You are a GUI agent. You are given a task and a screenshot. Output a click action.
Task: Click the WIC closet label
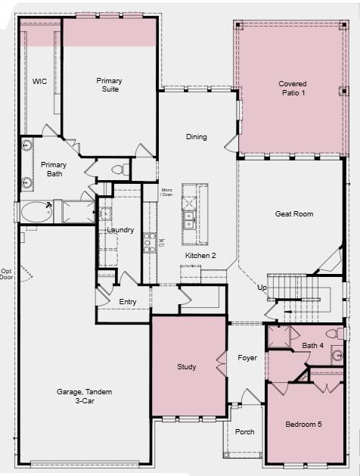pos(39,81)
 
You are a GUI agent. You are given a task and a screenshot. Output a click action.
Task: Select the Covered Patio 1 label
pos(292,88)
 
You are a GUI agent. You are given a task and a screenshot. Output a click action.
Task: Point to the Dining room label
pos(197,137)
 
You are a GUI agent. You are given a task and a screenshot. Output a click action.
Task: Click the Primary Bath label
pos(54,169)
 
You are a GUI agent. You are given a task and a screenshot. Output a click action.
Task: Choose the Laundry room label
pos(121,229)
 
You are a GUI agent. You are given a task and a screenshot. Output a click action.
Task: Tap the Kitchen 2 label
pos(200,256)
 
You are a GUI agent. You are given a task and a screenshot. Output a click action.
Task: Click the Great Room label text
pos(293,214)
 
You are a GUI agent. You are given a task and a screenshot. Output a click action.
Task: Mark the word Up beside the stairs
pos(262,288)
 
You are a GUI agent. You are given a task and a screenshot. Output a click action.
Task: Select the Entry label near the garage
pos(129,302)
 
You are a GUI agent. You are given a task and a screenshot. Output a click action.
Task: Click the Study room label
pos(187,367)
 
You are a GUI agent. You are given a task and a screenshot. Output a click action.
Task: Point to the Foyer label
pos(247,358)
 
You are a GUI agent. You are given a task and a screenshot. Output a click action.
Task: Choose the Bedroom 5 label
pos(303,425)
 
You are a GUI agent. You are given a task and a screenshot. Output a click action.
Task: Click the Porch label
pos(244,431)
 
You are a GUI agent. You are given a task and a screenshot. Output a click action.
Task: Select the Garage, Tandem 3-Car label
pos(83,397)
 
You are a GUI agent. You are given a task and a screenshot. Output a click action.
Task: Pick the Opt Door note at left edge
pos(6,274)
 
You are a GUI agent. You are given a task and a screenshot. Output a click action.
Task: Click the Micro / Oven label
pos(166,193)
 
